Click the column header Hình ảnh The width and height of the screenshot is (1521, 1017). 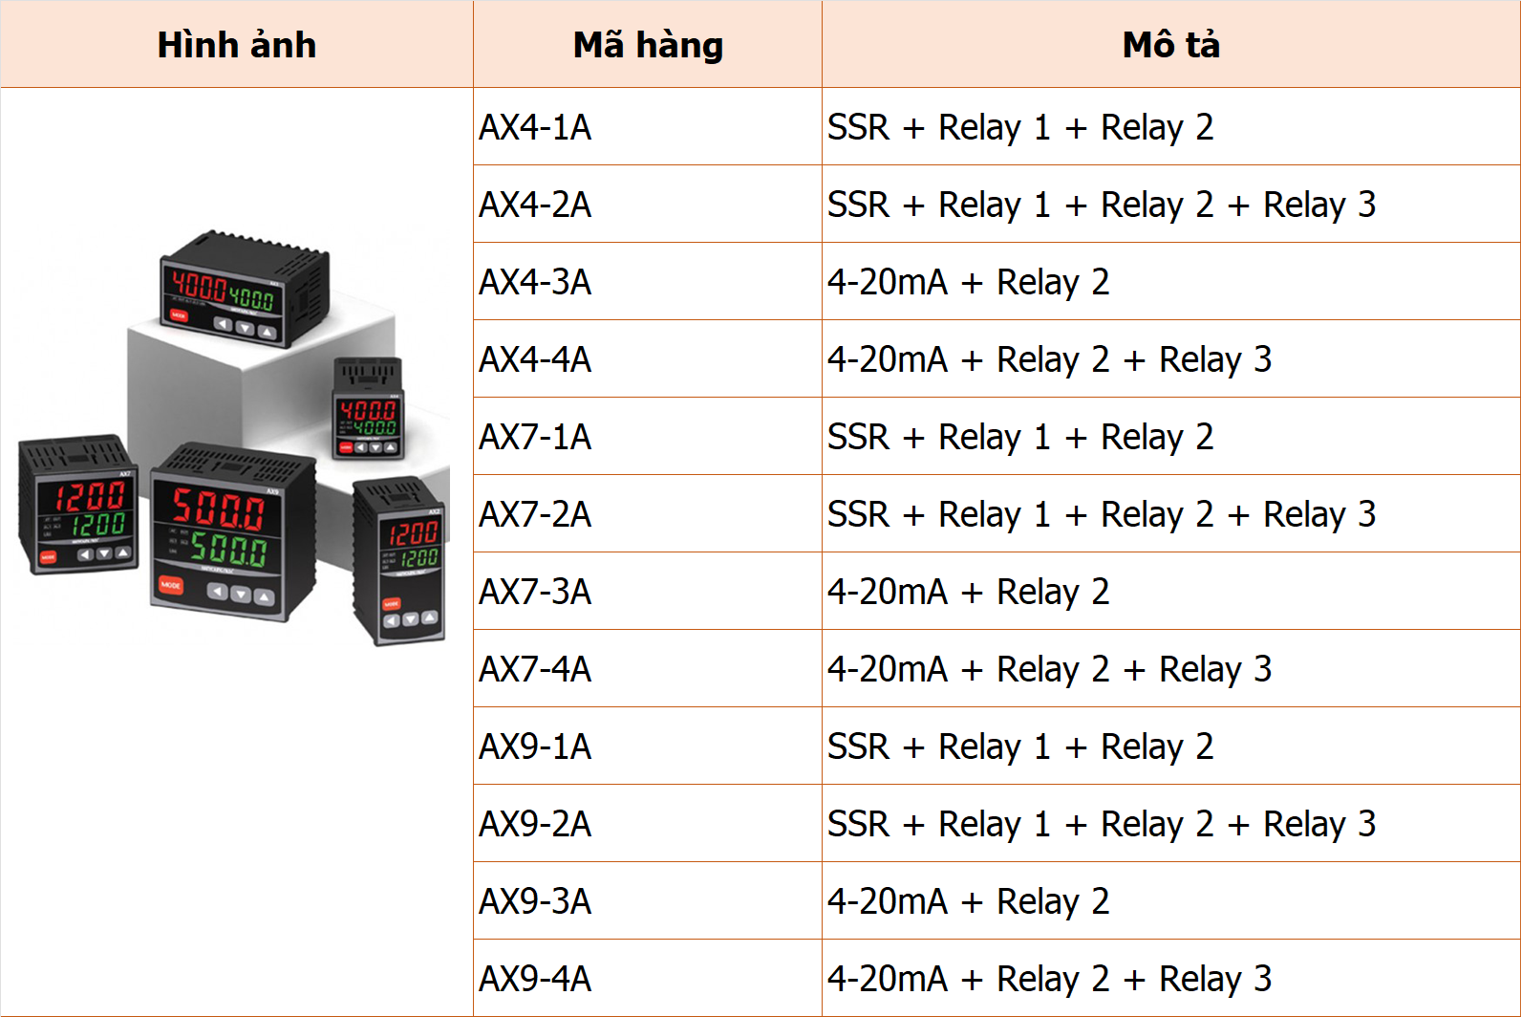pos(236,45)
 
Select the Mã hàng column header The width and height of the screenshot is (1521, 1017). pos(648,45)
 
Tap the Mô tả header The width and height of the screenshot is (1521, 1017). pos(1170,45)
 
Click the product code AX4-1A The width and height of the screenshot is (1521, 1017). pos(535,127)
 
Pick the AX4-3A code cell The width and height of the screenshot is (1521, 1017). pos(535,282)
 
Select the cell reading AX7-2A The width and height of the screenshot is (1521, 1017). pos(535,514)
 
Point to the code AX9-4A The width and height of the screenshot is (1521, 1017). pos(535,979)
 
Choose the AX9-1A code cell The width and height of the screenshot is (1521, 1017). pos(535,747)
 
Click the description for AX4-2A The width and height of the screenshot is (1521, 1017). pos(1101,205)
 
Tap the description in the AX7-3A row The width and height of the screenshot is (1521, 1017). pos(968,592)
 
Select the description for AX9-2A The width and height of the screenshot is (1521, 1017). pos(1101,824)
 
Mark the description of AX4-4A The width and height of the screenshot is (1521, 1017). pos(1049,359)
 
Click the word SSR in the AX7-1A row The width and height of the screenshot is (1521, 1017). pos(858,437)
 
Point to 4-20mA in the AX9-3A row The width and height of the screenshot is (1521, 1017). pos(887,901)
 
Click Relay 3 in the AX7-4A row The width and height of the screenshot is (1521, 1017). pos(1215,669)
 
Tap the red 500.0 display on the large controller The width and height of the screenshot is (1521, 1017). pos(218,508)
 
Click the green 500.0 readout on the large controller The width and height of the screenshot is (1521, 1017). pos(228,548)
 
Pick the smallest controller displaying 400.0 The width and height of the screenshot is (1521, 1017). pos(368,408)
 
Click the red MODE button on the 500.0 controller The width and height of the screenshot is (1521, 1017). pos(170,584)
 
